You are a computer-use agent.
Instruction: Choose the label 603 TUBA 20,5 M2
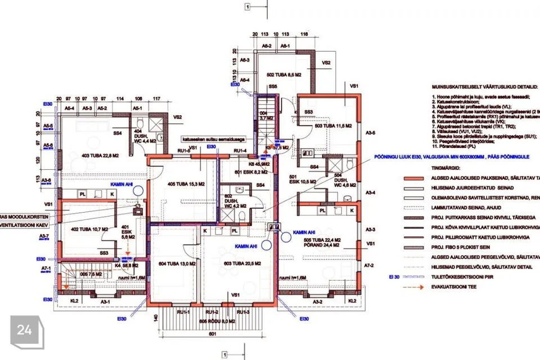click(x=238, y=263)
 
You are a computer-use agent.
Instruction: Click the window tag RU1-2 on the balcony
click(x=213, y=312)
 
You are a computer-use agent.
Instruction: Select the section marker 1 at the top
click(x=247, y=7)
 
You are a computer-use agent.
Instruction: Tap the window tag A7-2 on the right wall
click(x=370, y=264)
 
